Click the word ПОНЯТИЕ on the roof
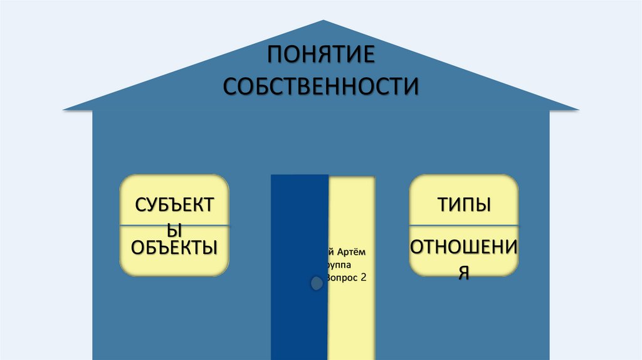pyautogui.click(x=321, y=55)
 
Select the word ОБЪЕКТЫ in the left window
pyautogui.click(x=174, y=246)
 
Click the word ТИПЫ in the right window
pyautogui.click(x=464, y=205)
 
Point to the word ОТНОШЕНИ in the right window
pyautogui.click(x=464, y=247)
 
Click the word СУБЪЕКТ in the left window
pyautogui.click(x=174, y=205)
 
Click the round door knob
pyautogui.click(x=317, y=283)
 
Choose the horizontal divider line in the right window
pyautogui.click(x=464, y=225)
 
